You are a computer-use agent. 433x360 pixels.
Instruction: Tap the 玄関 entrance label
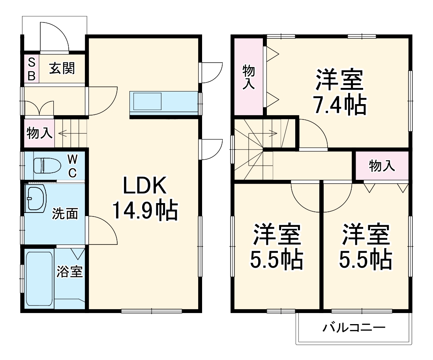62,69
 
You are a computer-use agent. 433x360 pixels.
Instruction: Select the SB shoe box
32,69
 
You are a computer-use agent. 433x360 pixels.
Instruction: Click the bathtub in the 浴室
39,278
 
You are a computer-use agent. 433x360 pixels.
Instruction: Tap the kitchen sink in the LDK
147,101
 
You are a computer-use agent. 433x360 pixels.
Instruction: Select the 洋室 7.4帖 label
339,92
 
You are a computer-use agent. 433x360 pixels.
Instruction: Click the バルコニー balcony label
354,327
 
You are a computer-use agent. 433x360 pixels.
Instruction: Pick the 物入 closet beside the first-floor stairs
39,133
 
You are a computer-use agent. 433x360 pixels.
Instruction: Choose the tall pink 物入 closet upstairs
248,76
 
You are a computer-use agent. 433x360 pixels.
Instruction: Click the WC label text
72,166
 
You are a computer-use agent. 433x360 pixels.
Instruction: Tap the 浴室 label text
70,271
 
